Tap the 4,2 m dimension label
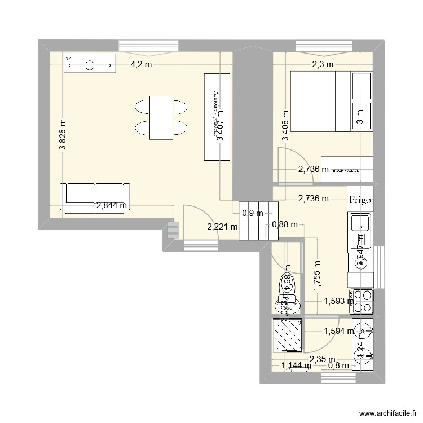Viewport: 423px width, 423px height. point(142,64)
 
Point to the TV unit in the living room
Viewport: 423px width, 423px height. point(90,64)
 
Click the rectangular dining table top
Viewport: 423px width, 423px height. point(161,117)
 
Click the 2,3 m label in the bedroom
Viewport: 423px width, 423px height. point(323,64)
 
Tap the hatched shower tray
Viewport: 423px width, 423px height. point(288,335)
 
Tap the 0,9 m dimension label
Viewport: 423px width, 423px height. point(252,213)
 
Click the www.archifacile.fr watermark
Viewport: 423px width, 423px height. point(381,413)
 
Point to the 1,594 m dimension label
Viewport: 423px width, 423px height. point(338,332)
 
